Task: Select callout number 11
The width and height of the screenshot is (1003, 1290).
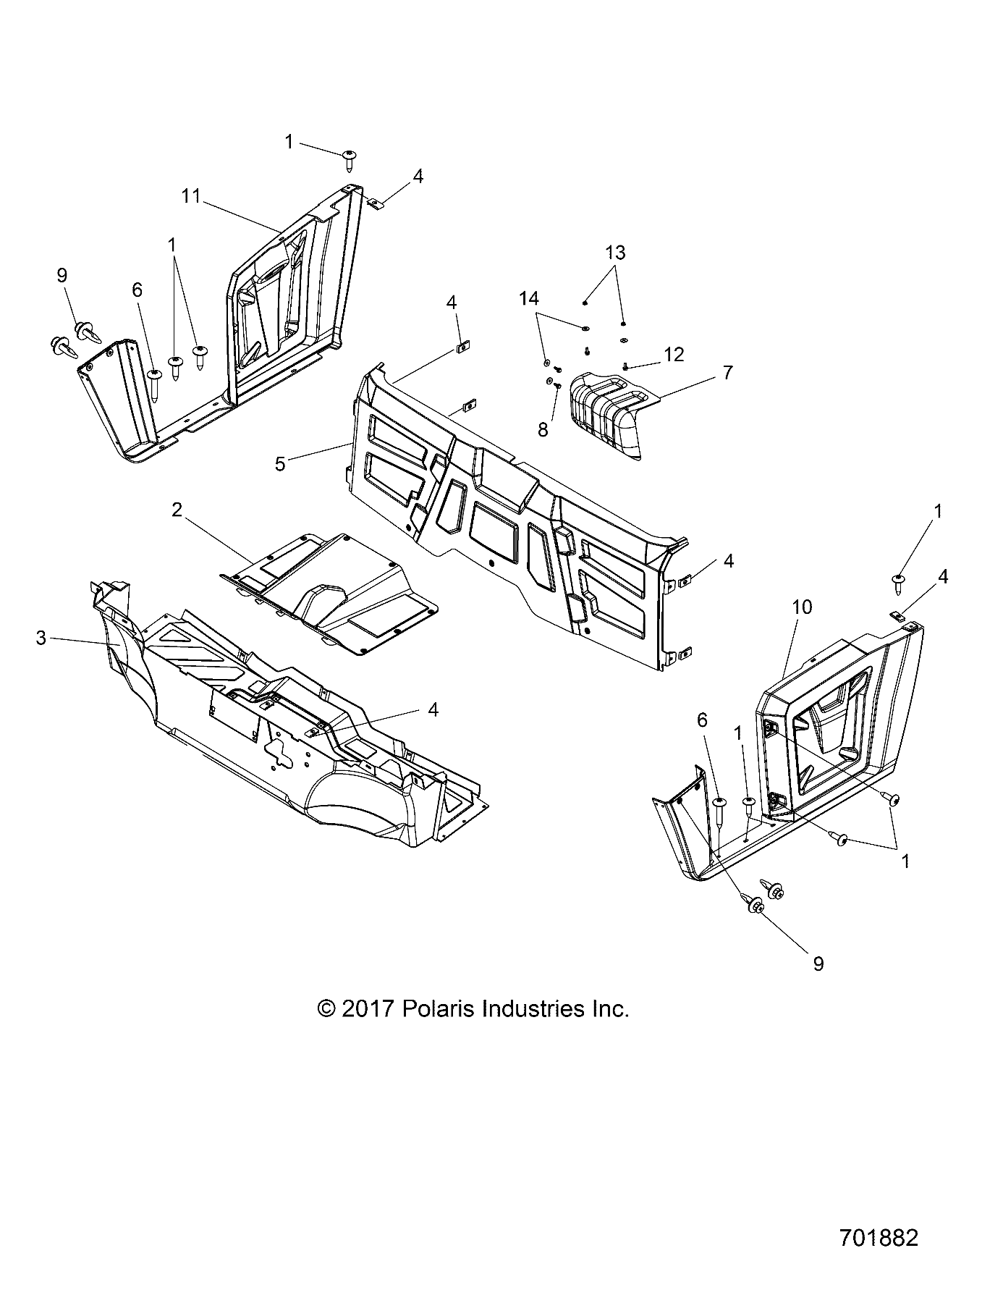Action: [x=190, y=196]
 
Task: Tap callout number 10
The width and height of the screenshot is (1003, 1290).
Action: [x=803, y=607]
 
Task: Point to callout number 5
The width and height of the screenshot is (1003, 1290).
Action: [x=280, y=463]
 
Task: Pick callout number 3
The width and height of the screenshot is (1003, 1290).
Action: [x=41, y=638]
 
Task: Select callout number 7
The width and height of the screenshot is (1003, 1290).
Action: [x=727, y=373]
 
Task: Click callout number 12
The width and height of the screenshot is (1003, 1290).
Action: [x=674, y=354]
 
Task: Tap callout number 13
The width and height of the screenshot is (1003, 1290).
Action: [x=615, y=253]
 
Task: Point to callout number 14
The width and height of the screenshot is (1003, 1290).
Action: [x=528, y=298]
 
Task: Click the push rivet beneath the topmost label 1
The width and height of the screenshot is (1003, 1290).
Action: [x=350, y=159]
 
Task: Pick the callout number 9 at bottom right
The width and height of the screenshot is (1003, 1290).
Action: [x=818, y=964]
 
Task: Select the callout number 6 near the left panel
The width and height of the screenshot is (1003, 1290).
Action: [x=137, y=290]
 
